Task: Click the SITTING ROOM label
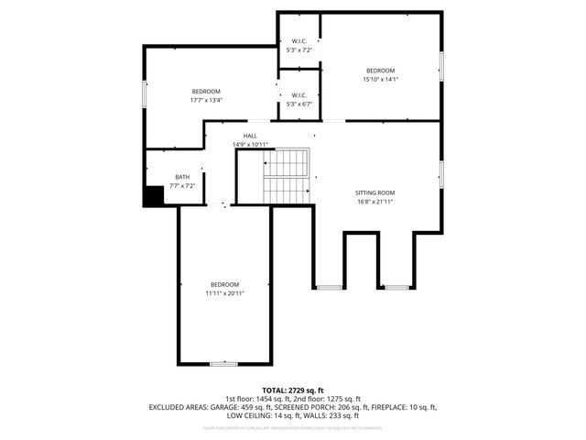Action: pos(375,192)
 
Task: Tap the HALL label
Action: pos(250,136)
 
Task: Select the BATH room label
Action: pos(183,177)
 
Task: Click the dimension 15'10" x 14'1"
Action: pos(380,80)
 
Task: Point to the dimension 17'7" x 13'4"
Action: pos(206,100)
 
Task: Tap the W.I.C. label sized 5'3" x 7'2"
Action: pos(298,41)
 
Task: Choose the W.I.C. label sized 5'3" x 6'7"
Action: pos(298,95)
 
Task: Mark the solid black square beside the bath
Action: pos(153,195)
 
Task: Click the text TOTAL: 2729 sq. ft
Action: pos(293,390)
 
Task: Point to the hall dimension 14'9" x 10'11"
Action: pos(250,144)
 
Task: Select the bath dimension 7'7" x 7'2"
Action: pos(183,185)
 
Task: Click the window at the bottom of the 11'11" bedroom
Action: pos(223,364)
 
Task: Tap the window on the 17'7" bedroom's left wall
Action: pos(143,93)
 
